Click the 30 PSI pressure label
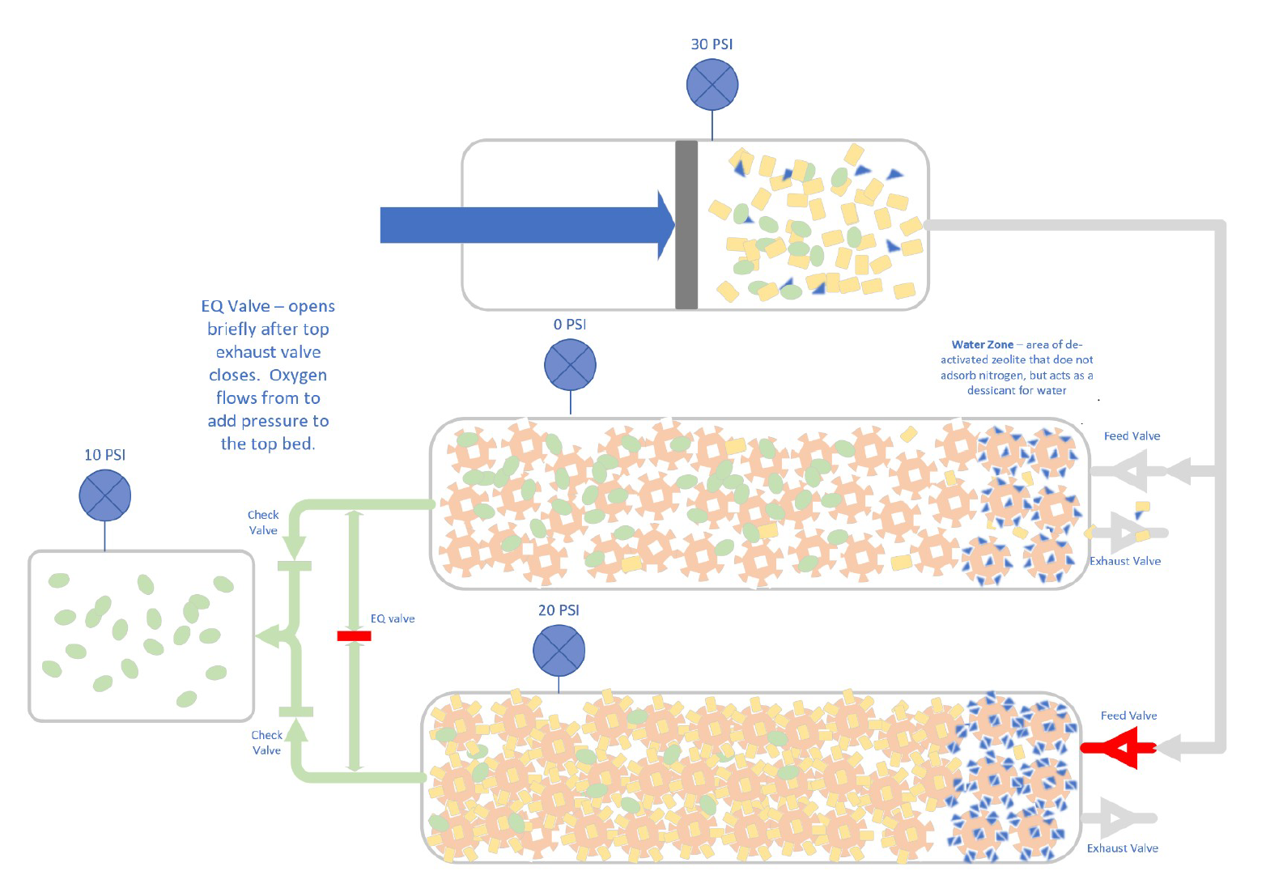[x=712, y=45]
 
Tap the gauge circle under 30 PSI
[x=712, y=85]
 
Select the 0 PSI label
[x=570, y=325]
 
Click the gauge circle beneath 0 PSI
[x=571, y=364]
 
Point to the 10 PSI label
[x=105, y=455]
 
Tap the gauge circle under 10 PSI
[x=105, y=495]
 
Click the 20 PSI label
[x=559, y=610]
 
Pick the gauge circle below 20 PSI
[x=559, y=651]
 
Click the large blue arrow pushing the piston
[x=526, y=225]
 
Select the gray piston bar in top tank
[x=686, y=225]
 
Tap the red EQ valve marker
[x=354, y=636]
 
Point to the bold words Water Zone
[x=982, y=345]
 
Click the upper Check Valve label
[x=263, y=522]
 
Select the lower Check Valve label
[x=266, y=742]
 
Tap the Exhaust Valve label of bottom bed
[x=1122, y=848]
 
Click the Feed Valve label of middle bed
[x=1132, y=436]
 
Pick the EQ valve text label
[x=393, y=618]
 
